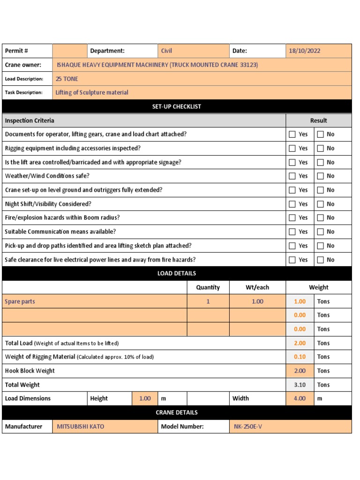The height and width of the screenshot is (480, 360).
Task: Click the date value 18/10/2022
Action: coord(305,51)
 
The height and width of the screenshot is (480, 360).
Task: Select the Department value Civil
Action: coord(167,51)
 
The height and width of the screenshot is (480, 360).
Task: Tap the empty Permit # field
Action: coord(70,51)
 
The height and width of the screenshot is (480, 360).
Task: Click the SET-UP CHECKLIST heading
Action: coord(176,106)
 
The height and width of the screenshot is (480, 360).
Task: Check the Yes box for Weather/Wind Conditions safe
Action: coord(292,176)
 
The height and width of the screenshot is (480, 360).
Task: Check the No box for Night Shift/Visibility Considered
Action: coord(321,204)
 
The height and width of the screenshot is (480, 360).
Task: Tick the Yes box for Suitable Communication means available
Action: coord(292,232)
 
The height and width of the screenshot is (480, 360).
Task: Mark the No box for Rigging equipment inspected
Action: coord(321,148)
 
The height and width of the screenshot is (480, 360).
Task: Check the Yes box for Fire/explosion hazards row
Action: coord(292,218)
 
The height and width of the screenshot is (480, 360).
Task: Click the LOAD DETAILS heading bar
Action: coord(176,273)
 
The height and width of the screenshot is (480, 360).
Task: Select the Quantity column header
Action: coord(208,287)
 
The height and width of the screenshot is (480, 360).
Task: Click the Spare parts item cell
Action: coord(20,301)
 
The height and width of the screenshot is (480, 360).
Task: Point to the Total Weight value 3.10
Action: coord(300,385)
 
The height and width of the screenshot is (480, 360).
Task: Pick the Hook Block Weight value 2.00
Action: coord(300,371)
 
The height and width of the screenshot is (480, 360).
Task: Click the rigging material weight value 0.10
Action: coord(300,357)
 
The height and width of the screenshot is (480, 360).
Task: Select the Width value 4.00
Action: coord(300,398)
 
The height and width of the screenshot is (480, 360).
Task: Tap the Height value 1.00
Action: coord(145,398)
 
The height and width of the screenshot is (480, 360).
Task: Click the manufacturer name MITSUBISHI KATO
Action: coord(81,427)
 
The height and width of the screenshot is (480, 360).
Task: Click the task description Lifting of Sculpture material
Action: coord(92,92)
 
